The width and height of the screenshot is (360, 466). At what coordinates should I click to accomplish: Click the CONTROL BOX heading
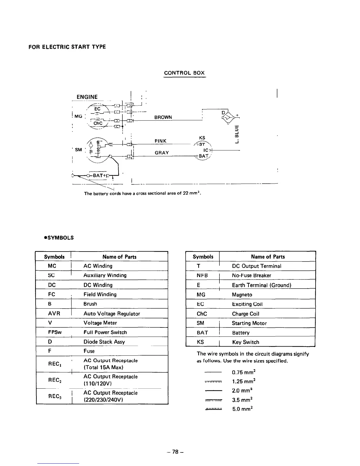pyautogui.click(x=184, y=73)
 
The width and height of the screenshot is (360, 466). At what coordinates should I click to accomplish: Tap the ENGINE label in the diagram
pyautogui.click(x=87, y=97)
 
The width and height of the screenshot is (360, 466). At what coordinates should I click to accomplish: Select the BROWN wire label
pyautogui.click(x=163, y=117)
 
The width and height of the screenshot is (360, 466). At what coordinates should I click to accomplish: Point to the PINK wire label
pyautogui.click(x=161, y=141)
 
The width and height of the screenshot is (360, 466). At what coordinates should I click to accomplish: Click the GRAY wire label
pyautogui.click(x=162, y=153)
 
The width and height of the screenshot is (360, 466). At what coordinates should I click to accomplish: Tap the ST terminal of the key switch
pyautogui.click(x=202, y=144)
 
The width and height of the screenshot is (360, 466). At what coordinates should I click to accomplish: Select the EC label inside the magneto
pyautogui.click(x=97, y=108)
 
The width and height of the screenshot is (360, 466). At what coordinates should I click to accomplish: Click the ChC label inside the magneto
pyautogui.click(x=98, y=123)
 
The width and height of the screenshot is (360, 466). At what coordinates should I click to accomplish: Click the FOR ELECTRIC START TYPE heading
pyautogui.click(x=67, y=47)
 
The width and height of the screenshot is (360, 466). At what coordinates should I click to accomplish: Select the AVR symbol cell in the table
pyautogui.click(x=54, y=313)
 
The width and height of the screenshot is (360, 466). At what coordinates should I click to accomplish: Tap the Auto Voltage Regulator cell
pyautogui.click(x=112, y=314)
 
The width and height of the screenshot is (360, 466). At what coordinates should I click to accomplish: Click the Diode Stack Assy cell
pyautogui.click(x=104, y=342)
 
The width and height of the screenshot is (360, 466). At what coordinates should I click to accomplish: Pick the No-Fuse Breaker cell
pyautogui.click(x=251, y=275)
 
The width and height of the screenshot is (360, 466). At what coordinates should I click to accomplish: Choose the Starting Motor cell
pyautogui.click(x=249, y=323)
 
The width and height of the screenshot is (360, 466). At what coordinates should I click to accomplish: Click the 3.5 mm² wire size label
pyautogui.click(x=242, y=400)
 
